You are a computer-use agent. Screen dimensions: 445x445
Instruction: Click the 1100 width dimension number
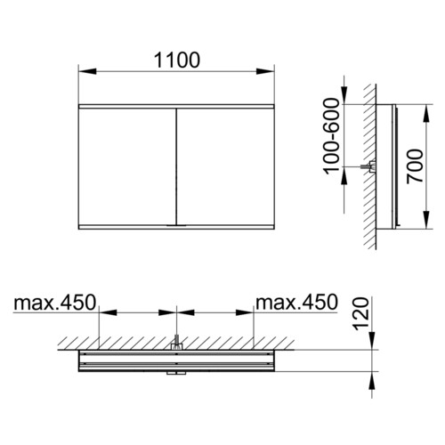pos(177,61)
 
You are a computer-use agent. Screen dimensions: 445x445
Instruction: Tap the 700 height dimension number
pos(415,166)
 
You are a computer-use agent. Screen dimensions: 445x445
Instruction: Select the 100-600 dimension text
pos(331,136)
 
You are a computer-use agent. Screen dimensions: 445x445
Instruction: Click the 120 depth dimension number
pos(360,314)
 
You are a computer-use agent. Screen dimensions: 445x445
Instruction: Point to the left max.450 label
pos(55,303)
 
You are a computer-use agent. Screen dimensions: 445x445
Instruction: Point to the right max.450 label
pos(296,303)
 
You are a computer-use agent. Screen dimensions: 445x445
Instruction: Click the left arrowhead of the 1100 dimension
pos(87,71)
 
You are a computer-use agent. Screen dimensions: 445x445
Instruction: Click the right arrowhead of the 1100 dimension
pos(265,71)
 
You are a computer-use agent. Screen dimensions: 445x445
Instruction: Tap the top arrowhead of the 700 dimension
pos(426,113)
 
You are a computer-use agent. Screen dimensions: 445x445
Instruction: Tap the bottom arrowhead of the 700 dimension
pos(426,220)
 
